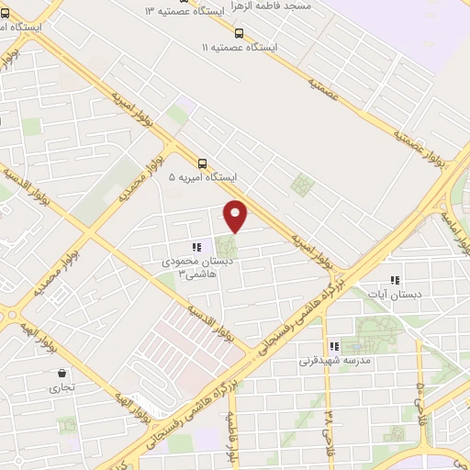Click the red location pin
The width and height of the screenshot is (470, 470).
(x=236, y=214)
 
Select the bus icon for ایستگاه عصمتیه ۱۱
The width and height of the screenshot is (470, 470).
(x=240, y=32)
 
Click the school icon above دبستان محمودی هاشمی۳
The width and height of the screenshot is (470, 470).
(x=195, y=247)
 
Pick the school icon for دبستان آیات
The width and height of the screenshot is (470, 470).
(x=395, y=281)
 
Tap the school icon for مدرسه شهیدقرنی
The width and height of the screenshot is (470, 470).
(x=333, y=346)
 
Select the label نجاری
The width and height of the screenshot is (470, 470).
(x=62, y=388)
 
